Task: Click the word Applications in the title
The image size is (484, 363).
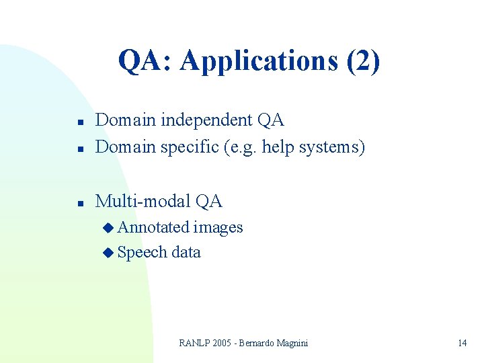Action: tap(259, 61)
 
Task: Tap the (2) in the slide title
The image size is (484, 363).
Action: tap(363, 61)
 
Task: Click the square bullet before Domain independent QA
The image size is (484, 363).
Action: tap(79, 123)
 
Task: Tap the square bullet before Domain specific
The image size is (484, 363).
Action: tap(79, 149)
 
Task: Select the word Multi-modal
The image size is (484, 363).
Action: tap(143, 201)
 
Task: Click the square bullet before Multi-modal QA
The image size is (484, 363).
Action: tap(79, 204)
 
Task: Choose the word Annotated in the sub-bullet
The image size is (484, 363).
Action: tap(153, 228)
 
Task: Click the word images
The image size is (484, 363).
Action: tap(218, 228)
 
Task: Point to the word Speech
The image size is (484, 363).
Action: tap(142, 253)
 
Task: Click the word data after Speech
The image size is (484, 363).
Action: tap(186, 253)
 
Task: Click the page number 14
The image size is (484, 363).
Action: tap(462, 343)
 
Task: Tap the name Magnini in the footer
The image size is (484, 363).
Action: tap(292, 343)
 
